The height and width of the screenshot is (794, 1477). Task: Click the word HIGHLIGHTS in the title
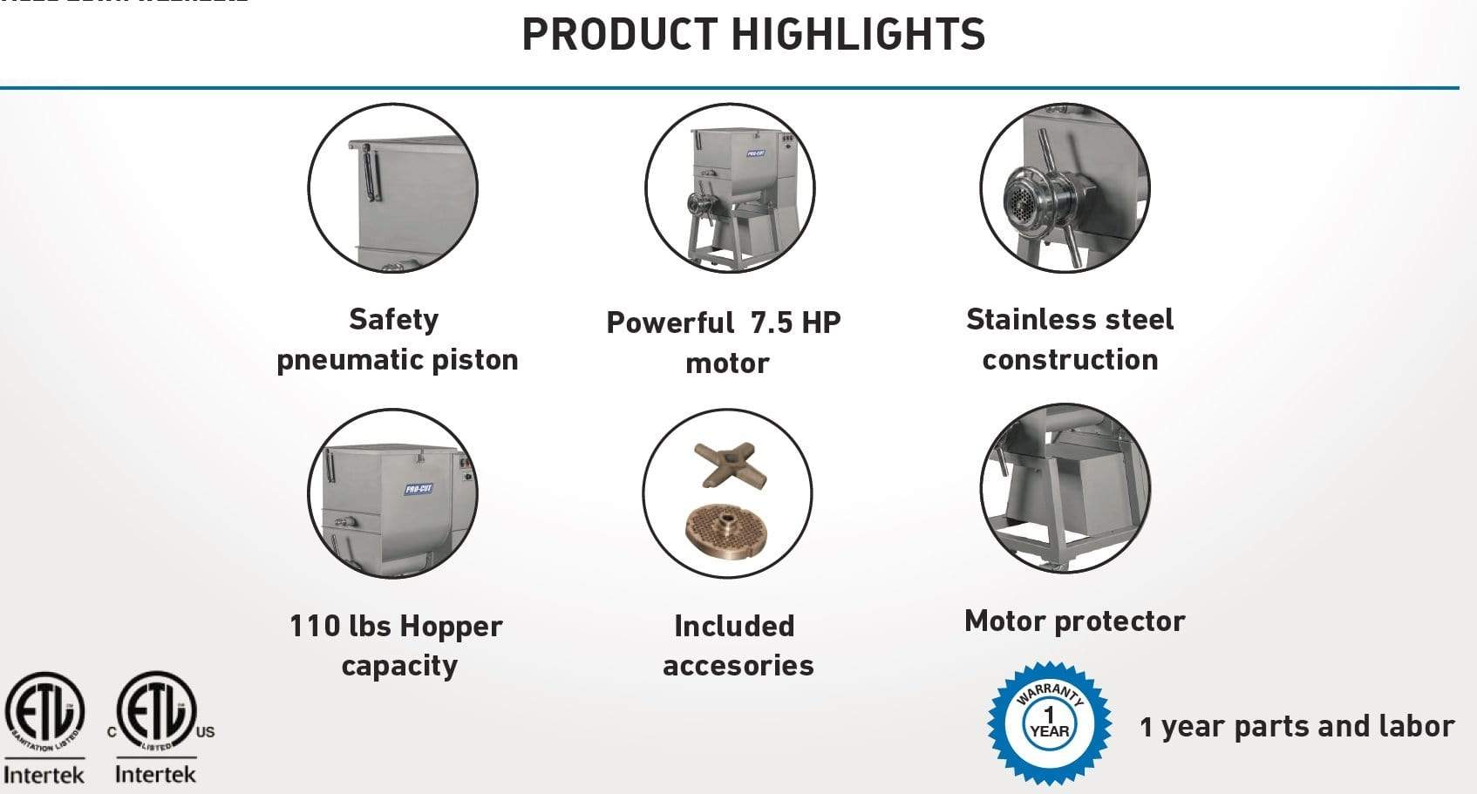point(858,34)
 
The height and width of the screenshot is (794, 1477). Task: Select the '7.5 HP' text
point(795,322)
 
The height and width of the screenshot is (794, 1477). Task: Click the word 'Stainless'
point(1026,319)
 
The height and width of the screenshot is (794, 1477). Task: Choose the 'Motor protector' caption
point(1074,621)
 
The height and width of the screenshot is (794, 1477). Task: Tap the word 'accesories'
point(738,665)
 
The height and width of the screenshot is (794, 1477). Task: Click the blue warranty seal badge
point(1049,723)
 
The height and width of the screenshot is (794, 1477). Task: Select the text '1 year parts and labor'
point(1297,726)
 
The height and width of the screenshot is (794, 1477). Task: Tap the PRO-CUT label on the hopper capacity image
point(419,488)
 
